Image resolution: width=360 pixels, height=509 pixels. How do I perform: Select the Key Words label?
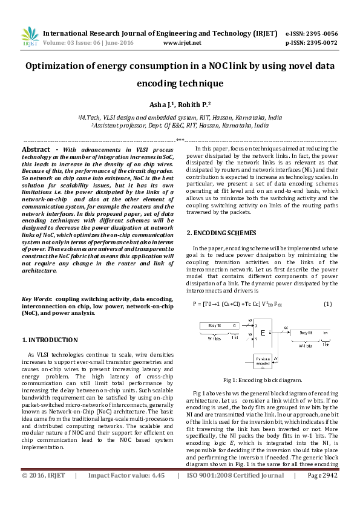(36, 299)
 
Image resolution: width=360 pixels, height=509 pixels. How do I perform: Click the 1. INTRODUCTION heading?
(50, 340)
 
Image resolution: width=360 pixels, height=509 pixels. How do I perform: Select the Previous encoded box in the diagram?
(261, 364)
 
